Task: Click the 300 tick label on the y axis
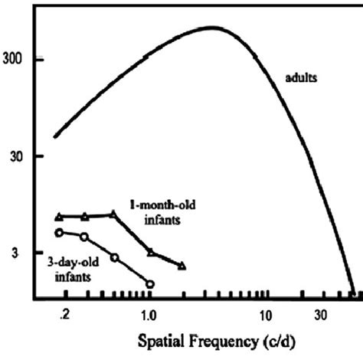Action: point(18,60)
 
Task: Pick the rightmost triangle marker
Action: point(182,266)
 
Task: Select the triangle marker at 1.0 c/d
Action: point(150,251)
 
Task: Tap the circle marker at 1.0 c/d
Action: point(150,284)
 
